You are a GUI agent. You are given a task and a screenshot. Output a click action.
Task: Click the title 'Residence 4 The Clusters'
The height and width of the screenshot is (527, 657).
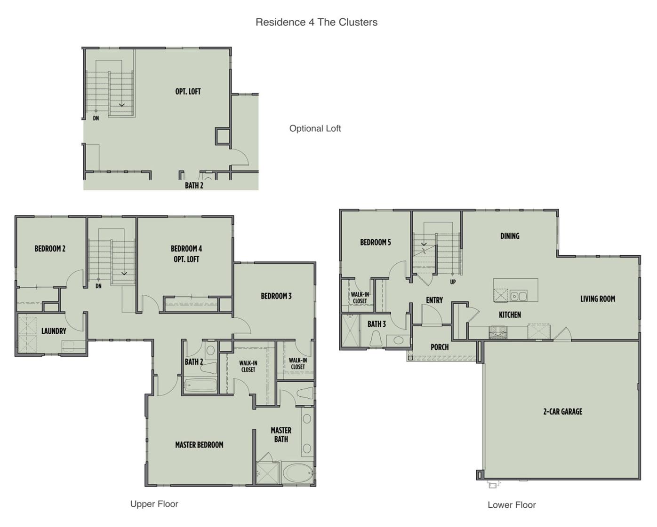tap(316, 22)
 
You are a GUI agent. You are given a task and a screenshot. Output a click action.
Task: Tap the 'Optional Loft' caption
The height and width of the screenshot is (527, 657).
tap(315, 128)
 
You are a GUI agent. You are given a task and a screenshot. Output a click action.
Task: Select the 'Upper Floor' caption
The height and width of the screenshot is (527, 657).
tap(154, 504)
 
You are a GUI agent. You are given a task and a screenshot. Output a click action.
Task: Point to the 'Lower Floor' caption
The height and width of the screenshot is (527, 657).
tap(512, 505)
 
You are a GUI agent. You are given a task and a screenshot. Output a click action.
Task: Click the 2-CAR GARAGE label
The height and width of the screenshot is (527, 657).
tap(562, 412)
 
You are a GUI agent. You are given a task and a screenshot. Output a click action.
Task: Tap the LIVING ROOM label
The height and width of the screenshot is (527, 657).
tap(597, 299)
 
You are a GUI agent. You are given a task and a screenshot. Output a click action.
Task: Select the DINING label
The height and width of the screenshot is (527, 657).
tap(510, 236)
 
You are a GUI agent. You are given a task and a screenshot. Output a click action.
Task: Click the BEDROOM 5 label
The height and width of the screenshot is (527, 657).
tap(375, 243)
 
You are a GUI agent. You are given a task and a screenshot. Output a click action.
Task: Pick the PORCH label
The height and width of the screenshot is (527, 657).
tap(440, 347)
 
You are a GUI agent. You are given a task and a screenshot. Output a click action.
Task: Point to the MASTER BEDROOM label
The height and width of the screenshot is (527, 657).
tap(199, 445)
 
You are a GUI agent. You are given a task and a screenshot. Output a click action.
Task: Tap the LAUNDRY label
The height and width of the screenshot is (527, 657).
tap(54, 331)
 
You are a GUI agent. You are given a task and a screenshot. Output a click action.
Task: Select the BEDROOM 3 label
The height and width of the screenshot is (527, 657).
tap(276, 296)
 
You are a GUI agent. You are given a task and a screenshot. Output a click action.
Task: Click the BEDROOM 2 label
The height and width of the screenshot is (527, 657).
tap(50, 249)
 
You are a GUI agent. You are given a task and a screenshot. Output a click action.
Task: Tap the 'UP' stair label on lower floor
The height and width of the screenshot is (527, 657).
tap(453, 282)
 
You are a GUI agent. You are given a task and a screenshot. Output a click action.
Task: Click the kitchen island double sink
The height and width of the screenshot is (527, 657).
tap(519, 296)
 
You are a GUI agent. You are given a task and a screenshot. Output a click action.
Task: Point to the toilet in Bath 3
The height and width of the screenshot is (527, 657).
tap(376, 338)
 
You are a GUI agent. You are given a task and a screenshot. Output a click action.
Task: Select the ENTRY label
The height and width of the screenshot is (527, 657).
tap(434, 300)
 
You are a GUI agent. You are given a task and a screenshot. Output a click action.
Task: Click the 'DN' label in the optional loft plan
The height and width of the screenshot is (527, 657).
tap(96, 118)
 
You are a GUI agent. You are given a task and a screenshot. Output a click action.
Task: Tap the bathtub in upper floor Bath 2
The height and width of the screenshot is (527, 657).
tap(200, 386)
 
